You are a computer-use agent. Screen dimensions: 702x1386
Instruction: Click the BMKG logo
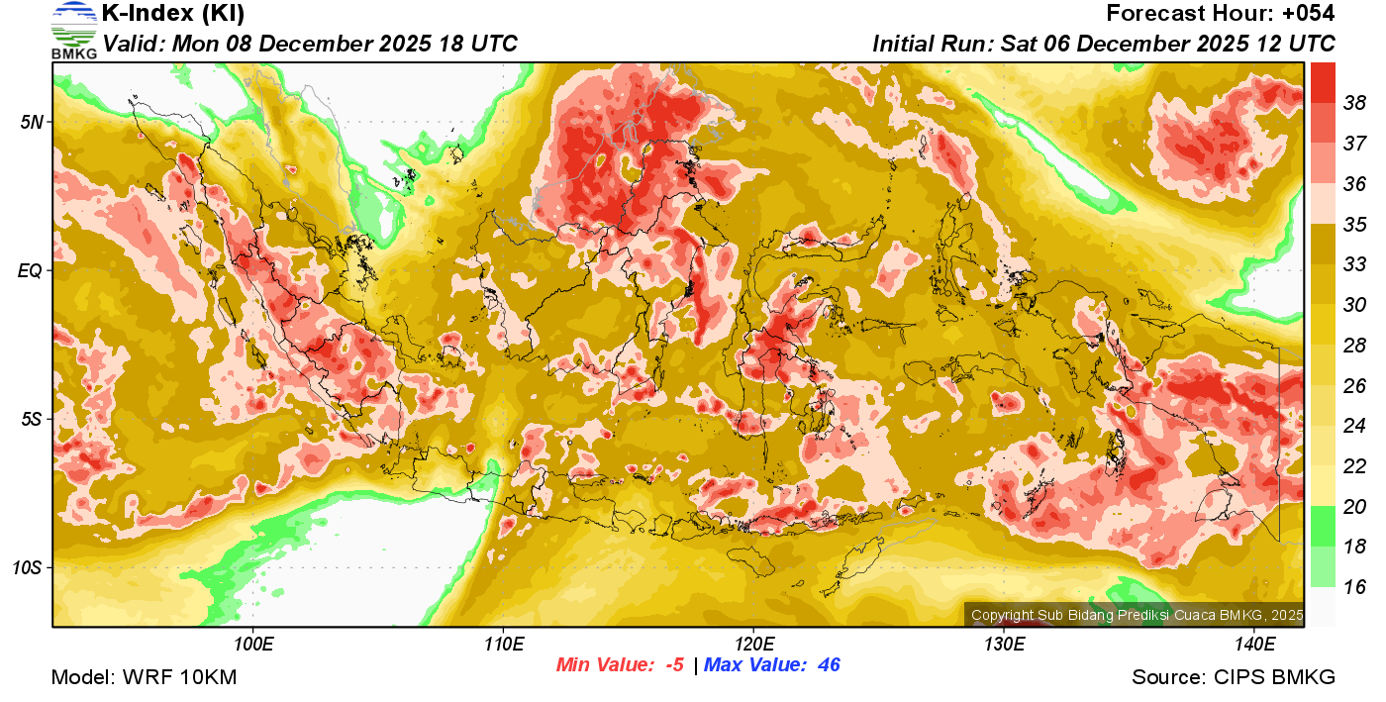click(74, 31)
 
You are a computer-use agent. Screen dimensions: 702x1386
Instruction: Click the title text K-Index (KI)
click(173, 14)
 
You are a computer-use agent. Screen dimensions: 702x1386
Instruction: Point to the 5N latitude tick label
click(32, 122)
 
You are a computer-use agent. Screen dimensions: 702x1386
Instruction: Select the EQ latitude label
click(30, 270)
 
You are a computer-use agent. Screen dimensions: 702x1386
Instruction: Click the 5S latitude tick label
click(32, 419)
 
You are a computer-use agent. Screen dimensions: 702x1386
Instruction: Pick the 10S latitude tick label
click(28, 568)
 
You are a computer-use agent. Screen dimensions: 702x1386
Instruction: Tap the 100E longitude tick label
click(253, 644)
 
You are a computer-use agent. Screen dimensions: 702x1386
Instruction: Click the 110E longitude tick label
click(503, 644)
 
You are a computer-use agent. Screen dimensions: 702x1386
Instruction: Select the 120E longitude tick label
click(753, 644)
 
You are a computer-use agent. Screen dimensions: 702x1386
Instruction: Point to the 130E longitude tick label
click(1004, 644)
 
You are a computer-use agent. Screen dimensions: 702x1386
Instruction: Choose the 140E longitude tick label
click(1254, 644)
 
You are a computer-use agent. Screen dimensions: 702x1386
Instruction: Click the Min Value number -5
click(673, 664)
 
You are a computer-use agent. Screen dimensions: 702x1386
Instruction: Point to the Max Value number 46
click(829, 664)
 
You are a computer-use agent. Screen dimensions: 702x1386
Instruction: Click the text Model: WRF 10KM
click(144, 677)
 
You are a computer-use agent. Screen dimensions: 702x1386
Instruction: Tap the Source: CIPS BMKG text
click(1234, 677)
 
